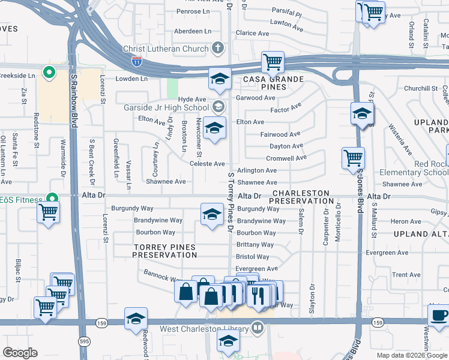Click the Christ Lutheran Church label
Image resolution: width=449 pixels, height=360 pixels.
(x=166, y=49)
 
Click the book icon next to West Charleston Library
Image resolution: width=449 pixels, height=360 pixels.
(x=257, y=328)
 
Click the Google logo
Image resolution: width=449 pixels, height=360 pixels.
(x=20, y=352)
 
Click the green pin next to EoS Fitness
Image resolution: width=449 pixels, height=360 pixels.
(x=52, y=197)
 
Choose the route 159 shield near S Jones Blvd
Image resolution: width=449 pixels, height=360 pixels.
(x=377, y=323)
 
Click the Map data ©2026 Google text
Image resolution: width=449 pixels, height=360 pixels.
(x=412, y=355)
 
